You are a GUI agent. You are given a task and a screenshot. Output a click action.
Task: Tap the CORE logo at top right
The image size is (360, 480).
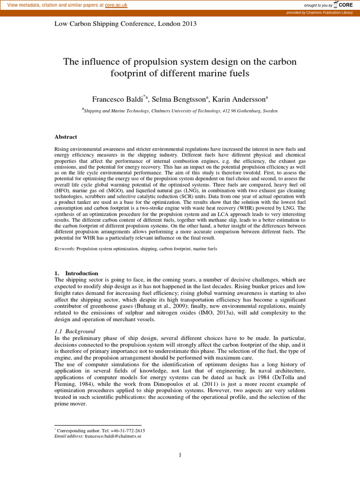tap(345, 5)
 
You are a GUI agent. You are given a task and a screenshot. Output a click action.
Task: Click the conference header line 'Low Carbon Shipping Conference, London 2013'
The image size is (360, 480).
tap(126, 24)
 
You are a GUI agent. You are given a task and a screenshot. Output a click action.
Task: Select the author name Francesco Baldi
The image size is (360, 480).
tap(117, 99)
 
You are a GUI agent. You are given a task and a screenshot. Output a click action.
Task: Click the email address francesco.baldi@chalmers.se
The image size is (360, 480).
tap(113, 436)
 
